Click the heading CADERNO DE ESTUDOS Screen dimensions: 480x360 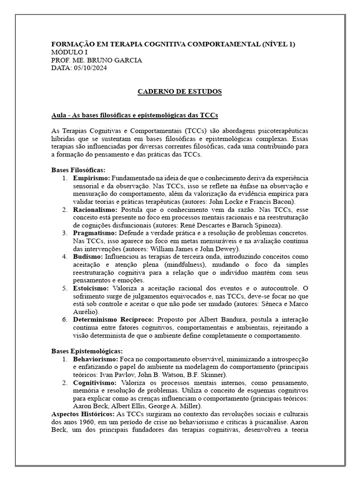(180, 91)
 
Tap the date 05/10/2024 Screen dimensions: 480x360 (90, 68)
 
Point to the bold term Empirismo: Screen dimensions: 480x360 (91, 178)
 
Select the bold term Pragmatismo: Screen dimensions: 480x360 (95, 233)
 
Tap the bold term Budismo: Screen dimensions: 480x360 (88, 257)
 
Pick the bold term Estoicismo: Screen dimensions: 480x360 (91, 288)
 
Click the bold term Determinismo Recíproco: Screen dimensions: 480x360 (113, 319)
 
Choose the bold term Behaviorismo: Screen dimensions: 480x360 (96, 359)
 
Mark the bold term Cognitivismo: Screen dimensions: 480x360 (95, 382)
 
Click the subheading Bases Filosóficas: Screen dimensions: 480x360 (78, 170)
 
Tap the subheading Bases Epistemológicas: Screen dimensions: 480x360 (87, 351)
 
